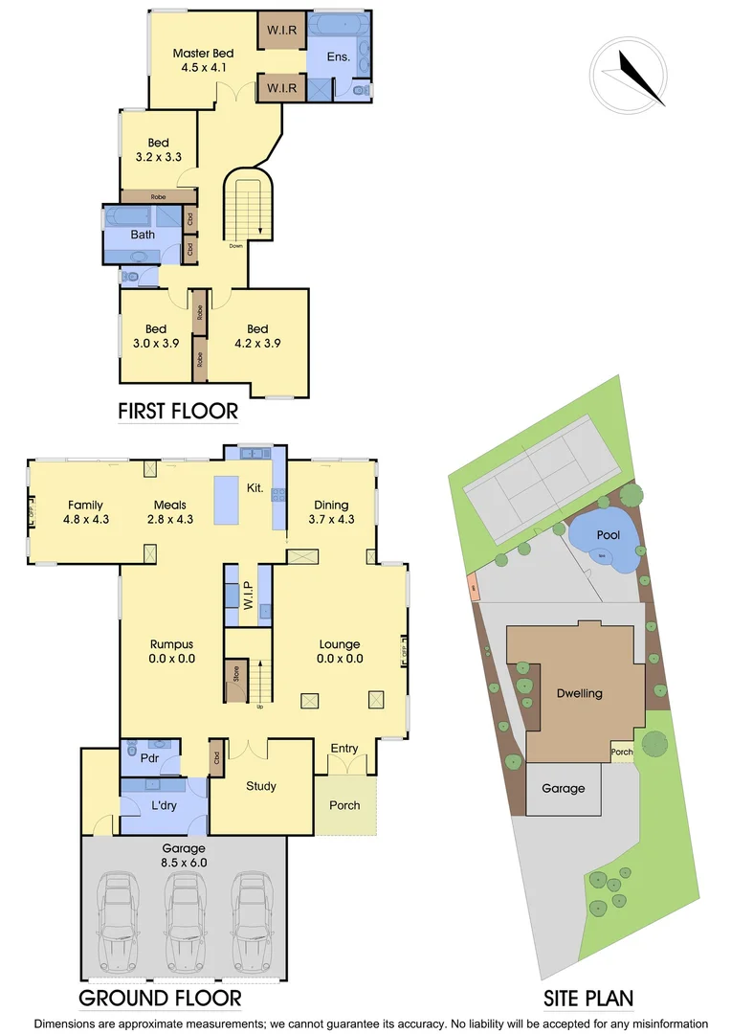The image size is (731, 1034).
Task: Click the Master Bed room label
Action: point(204,60)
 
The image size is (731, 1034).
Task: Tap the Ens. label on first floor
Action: point(338,57)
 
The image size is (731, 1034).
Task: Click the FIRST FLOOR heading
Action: point(178,412)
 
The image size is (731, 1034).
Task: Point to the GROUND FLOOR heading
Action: point(160,999)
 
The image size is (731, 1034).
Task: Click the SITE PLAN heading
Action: point(588,999)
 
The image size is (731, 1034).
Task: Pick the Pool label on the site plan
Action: point(607,536)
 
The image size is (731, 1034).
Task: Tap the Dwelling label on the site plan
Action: point(579,693)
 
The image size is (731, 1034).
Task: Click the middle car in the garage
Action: point(183,919)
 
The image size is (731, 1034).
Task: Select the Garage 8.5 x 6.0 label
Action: point(183,855)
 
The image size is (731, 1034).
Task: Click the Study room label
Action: point(261,786)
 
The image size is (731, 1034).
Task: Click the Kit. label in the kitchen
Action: point(255,488)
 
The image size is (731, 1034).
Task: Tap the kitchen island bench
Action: point(226,500)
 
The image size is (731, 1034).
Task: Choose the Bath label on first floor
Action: point(143,235)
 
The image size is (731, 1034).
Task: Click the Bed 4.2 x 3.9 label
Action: point(257,336)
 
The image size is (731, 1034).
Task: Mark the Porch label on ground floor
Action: point(344,805)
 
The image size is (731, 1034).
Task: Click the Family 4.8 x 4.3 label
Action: point(85,512)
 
